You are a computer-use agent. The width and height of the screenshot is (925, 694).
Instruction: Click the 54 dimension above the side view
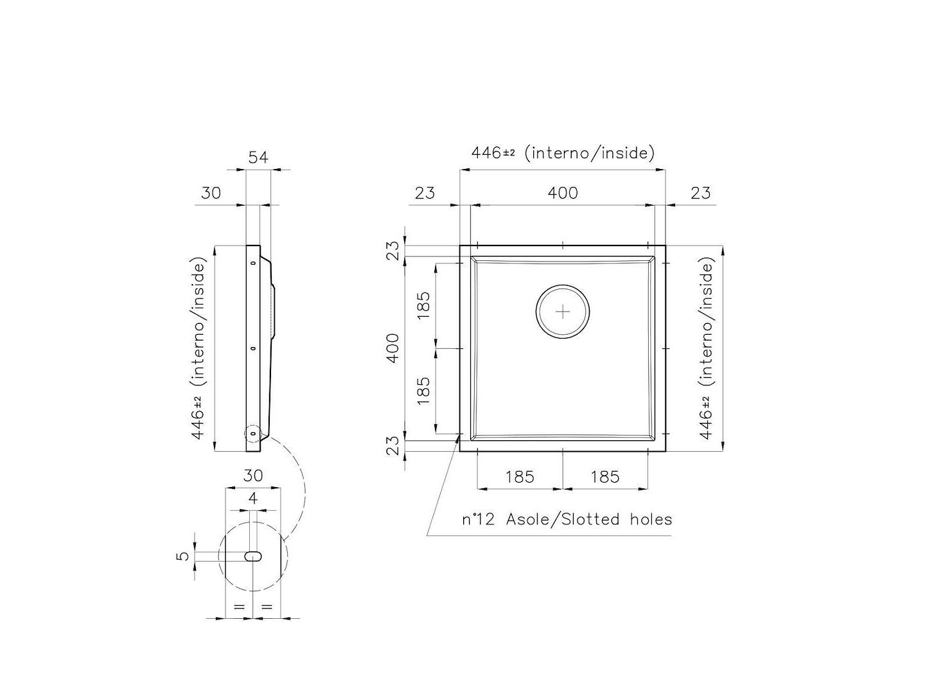[258, 157]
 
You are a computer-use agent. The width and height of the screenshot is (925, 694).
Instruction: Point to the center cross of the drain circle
[563, 312]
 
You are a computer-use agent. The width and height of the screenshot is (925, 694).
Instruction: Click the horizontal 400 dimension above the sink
[563, 192]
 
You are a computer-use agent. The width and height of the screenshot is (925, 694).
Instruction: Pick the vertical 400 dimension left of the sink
[393, 348]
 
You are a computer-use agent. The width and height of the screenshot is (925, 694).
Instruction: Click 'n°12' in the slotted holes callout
[479, 519]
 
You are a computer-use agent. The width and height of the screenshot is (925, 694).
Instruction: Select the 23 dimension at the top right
[700, 192]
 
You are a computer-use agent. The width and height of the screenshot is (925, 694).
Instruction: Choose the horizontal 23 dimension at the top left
[425, 192]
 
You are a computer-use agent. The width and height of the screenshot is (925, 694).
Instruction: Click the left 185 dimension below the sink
[520, 476]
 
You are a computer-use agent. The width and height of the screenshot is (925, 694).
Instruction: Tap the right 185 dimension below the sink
[605, 476]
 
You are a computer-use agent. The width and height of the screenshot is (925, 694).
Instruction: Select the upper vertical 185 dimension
[423, 305]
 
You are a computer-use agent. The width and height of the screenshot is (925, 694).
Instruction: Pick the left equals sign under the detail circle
[239, 606]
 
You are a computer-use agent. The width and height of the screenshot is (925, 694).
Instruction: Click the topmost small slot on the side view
[252, 263]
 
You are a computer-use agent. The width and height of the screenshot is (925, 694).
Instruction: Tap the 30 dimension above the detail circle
[252, 476]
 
